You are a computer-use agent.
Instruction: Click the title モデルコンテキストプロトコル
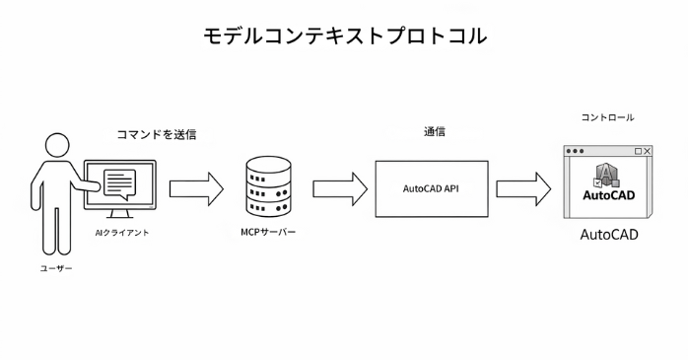(x=344, y=36)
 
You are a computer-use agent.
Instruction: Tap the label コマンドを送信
(x=157, y=134)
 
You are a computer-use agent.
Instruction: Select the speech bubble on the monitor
(x=119, y=183)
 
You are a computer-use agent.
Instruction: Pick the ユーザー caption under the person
(x=56, y=267)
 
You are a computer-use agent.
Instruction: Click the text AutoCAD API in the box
(x=432, y=188)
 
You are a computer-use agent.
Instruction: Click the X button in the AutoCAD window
(x=648, y=151)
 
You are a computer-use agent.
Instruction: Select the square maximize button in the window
(x=637, y=151)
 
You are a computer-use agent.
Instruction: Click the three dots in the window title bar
(x=575, y=151)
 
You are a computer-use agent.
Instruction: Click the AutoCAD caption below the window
(x=608, y=236)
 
